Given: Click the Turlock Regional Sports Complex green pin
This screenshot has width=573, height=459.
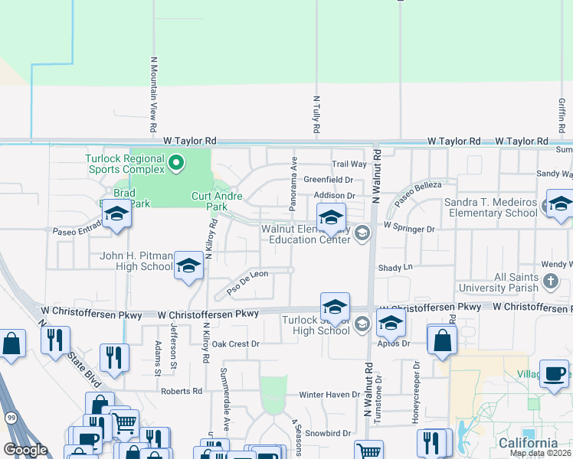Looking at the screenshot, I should (176, 162).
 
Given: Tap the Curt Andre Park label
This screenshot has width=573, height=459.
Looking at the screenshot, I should (217, 201).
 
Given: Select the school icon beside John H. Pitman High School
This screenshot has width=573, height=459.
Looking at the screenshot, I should (188, 265).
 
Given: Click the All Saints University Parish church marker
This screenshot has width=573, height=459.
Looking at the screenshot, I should (550, 281).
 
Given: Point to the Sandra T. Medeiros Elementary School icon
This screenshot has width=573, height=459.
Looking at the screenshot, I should (559, 204).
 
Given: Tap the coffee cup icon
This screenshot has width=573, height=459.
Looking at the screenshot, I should (554, 374).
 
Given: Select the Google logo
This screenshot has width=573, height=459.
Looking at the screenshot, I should (26, 450).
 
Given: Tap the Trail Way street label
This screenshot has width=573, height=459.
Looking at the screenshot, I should (349, 164).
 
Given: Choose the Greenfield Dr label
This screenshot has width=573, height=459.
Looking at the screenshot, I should (328, 180).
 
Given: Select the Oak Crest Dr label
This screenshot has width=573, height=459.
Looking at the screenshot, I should (235, 344).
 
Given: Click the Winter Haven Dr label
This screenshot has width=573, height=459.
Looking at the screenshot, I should (329, 394).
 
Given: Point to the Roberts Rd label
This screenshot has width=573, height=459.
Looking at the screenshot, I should (182, 391).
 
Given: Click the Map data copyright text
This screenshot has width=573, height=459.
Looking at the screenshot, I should (540, 453).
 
